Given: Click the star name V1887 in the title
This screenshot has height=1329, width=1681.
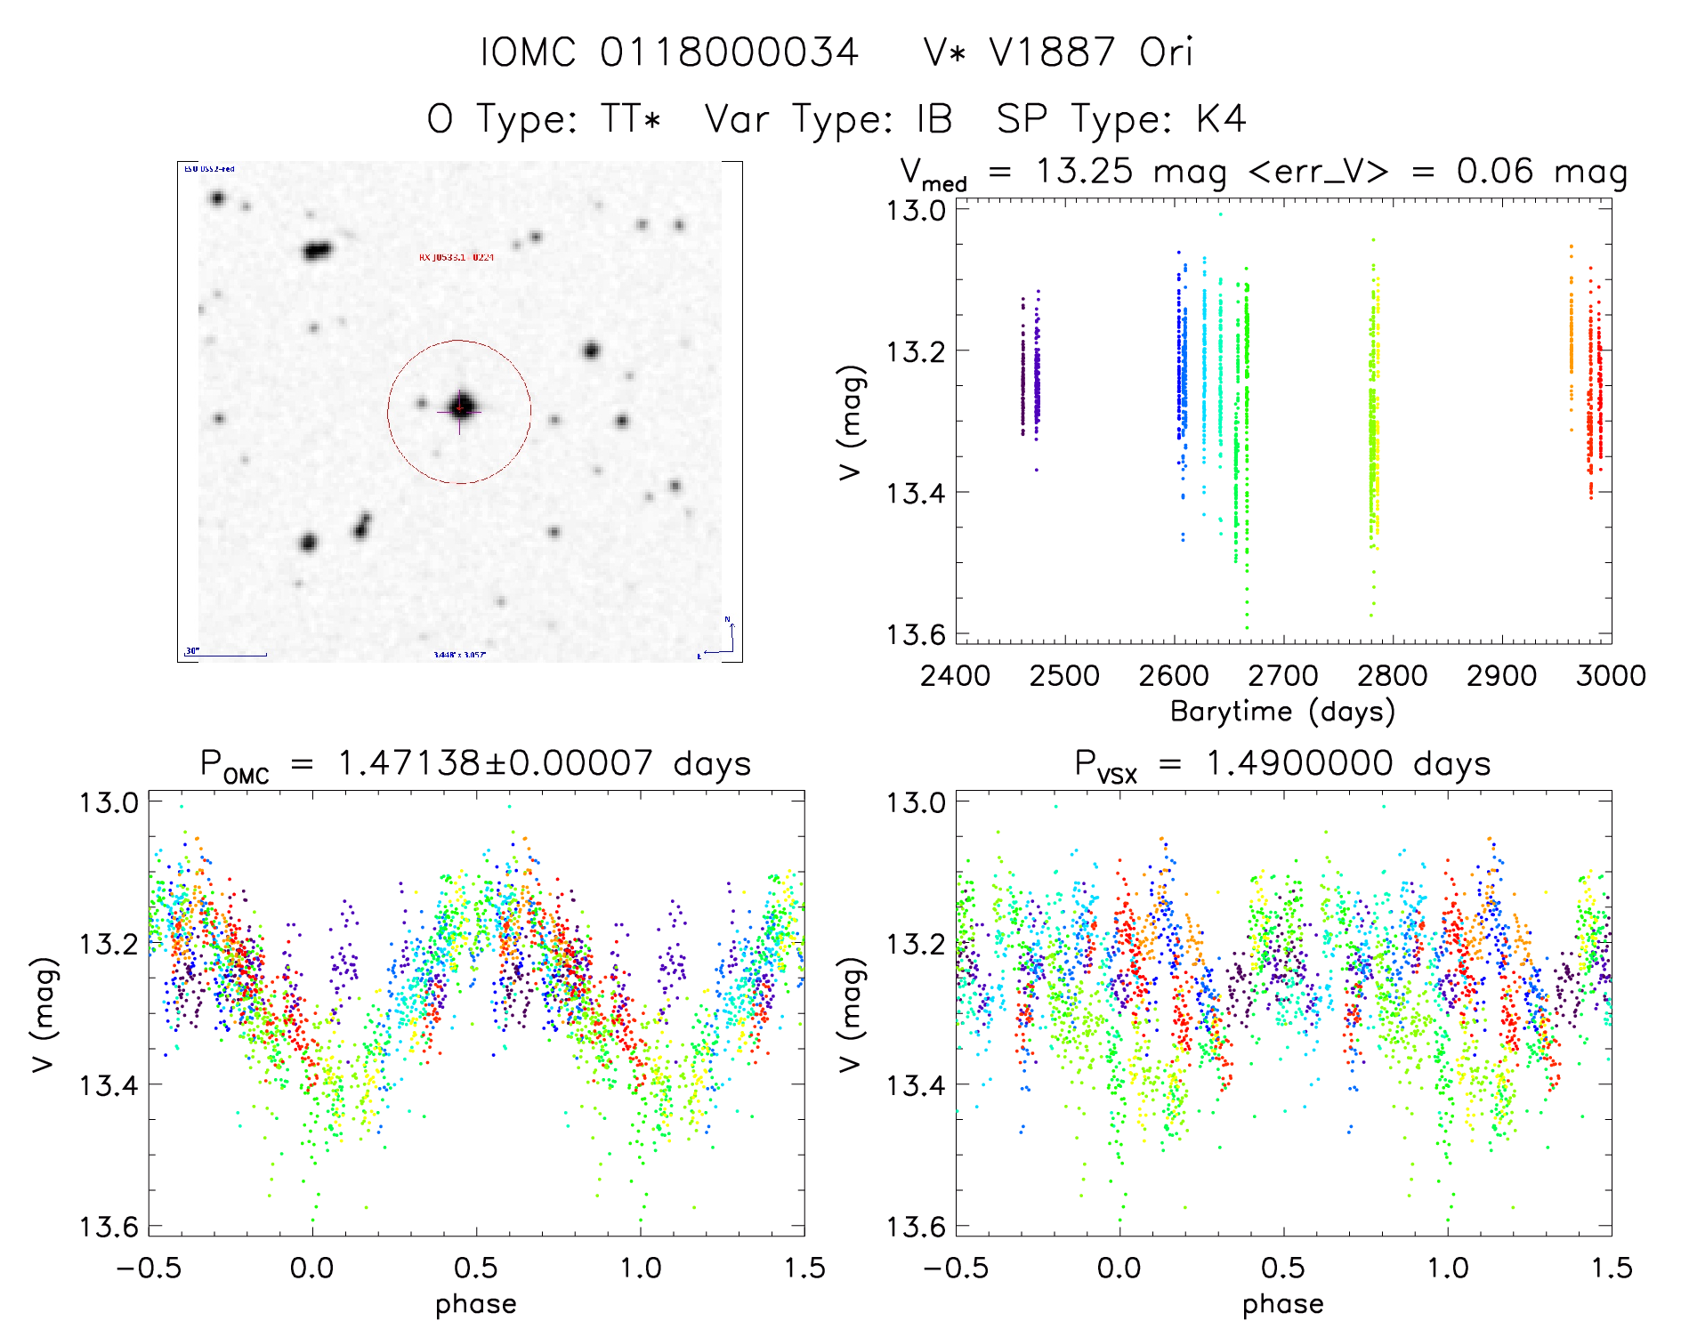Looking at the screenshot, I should (x=1052, y=52).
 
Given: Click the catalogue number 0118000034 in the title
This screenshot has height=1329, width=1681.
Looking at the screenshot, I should (x=729, y=52).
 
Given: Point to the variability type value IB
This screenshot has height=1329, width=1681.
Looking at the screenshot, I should (x=934, y=119).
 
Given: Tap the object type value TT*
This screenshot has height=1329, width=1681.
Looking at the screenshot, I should (x=631, y=119).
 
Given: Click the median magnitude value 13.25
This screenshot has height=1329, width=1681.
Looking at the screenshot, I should (x=1084, y=171).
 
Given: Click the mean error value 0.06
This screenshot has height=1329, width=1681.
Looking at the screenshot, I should (x=1495, y=171).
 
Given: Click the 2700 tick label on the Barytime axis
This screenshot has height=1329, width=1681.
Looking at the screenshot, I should (x=1283, y=676).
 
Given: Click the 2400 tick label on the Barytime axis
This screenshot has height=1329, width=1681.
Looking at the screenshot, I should (x=955, y=676).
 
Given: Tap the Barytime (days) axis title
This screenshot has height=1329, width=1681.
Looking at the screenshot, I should (x=1282, y=712).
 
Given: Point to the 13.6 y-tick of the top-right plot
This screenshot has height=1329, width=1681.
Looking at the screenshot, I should (x=914, y=634).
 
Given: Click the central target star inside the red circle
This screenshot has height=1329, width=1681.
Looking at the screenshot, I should (x=460, y=408).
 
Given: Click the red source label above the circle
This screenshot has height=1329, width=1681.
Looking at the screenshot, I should (x=457, y=258).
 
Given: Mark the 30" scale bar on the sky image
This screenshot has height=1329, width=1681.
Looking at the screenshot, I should (x=226, y=655).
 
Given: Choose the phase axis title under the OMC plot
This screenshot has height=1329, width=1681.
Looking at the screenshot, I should (x=476, y=1304).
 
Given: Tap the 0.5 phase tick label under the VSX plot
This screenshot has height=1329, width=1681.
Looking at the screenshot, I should (x=1283, y=1269).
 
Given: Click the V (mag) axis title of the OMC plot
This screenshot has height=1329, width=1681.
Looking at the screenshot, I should (x=44, y=1014).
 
